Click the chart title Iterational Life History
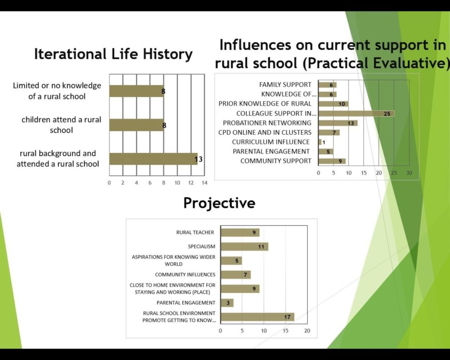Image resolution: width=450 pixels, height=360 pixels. click(x=113, y=54)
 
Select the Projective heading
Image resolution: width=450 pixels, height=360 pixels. click(x=219, y=203)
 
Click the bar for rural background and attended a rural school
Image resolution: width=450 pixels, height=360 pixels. click(x=153, y=159)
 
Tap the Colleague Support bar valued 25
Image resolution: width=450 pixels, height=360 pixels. click(x=356, y=113)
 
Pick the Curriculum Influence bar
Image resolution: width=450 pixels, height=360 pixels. click(x=320, y=142)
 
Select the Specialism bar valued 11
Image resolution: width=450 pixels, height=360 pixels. click(x=244, y=247)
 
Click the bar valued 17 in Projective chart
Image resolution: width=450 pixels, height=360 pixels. click(x=258, y=317)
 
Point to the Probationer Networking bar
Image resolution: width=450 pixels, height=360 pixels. click(x=338, y=123)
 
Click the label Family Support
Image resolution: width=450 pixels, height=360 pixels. click(x=285, y=85)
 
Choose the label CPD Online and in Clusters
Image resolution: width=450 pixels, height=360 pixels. click(x=265, y=132)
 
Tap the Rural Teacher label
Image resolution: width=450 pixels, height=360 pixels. click(x=195, y=233)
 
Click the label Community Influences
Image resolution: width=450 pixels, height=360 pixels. click(x=185, y=275)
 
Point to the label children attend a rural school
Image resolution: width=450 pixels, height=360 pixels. click(x=62, y=125)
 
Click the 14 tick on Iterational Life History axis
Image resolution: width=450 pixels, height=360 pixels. click(x=204, y=183)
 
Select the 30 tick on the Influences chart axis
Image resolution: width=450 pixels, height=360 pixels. click(x=409, y=173)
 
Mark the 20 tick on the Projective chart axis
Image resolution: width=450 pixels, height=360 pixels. click(x=307, y=331)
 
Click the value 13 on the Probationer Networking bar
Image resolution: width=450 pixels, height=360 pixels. click(x=351, y=123)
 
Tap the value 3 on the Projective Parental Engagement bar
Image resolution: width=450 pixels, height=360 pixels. click(x=228, y=303)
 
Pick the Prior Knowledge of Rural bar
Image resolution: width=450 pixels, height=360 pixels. click(x=334, y=104)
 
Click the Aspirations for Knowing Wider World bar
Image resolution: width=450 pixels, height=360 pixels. click(x=231, y=261)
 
